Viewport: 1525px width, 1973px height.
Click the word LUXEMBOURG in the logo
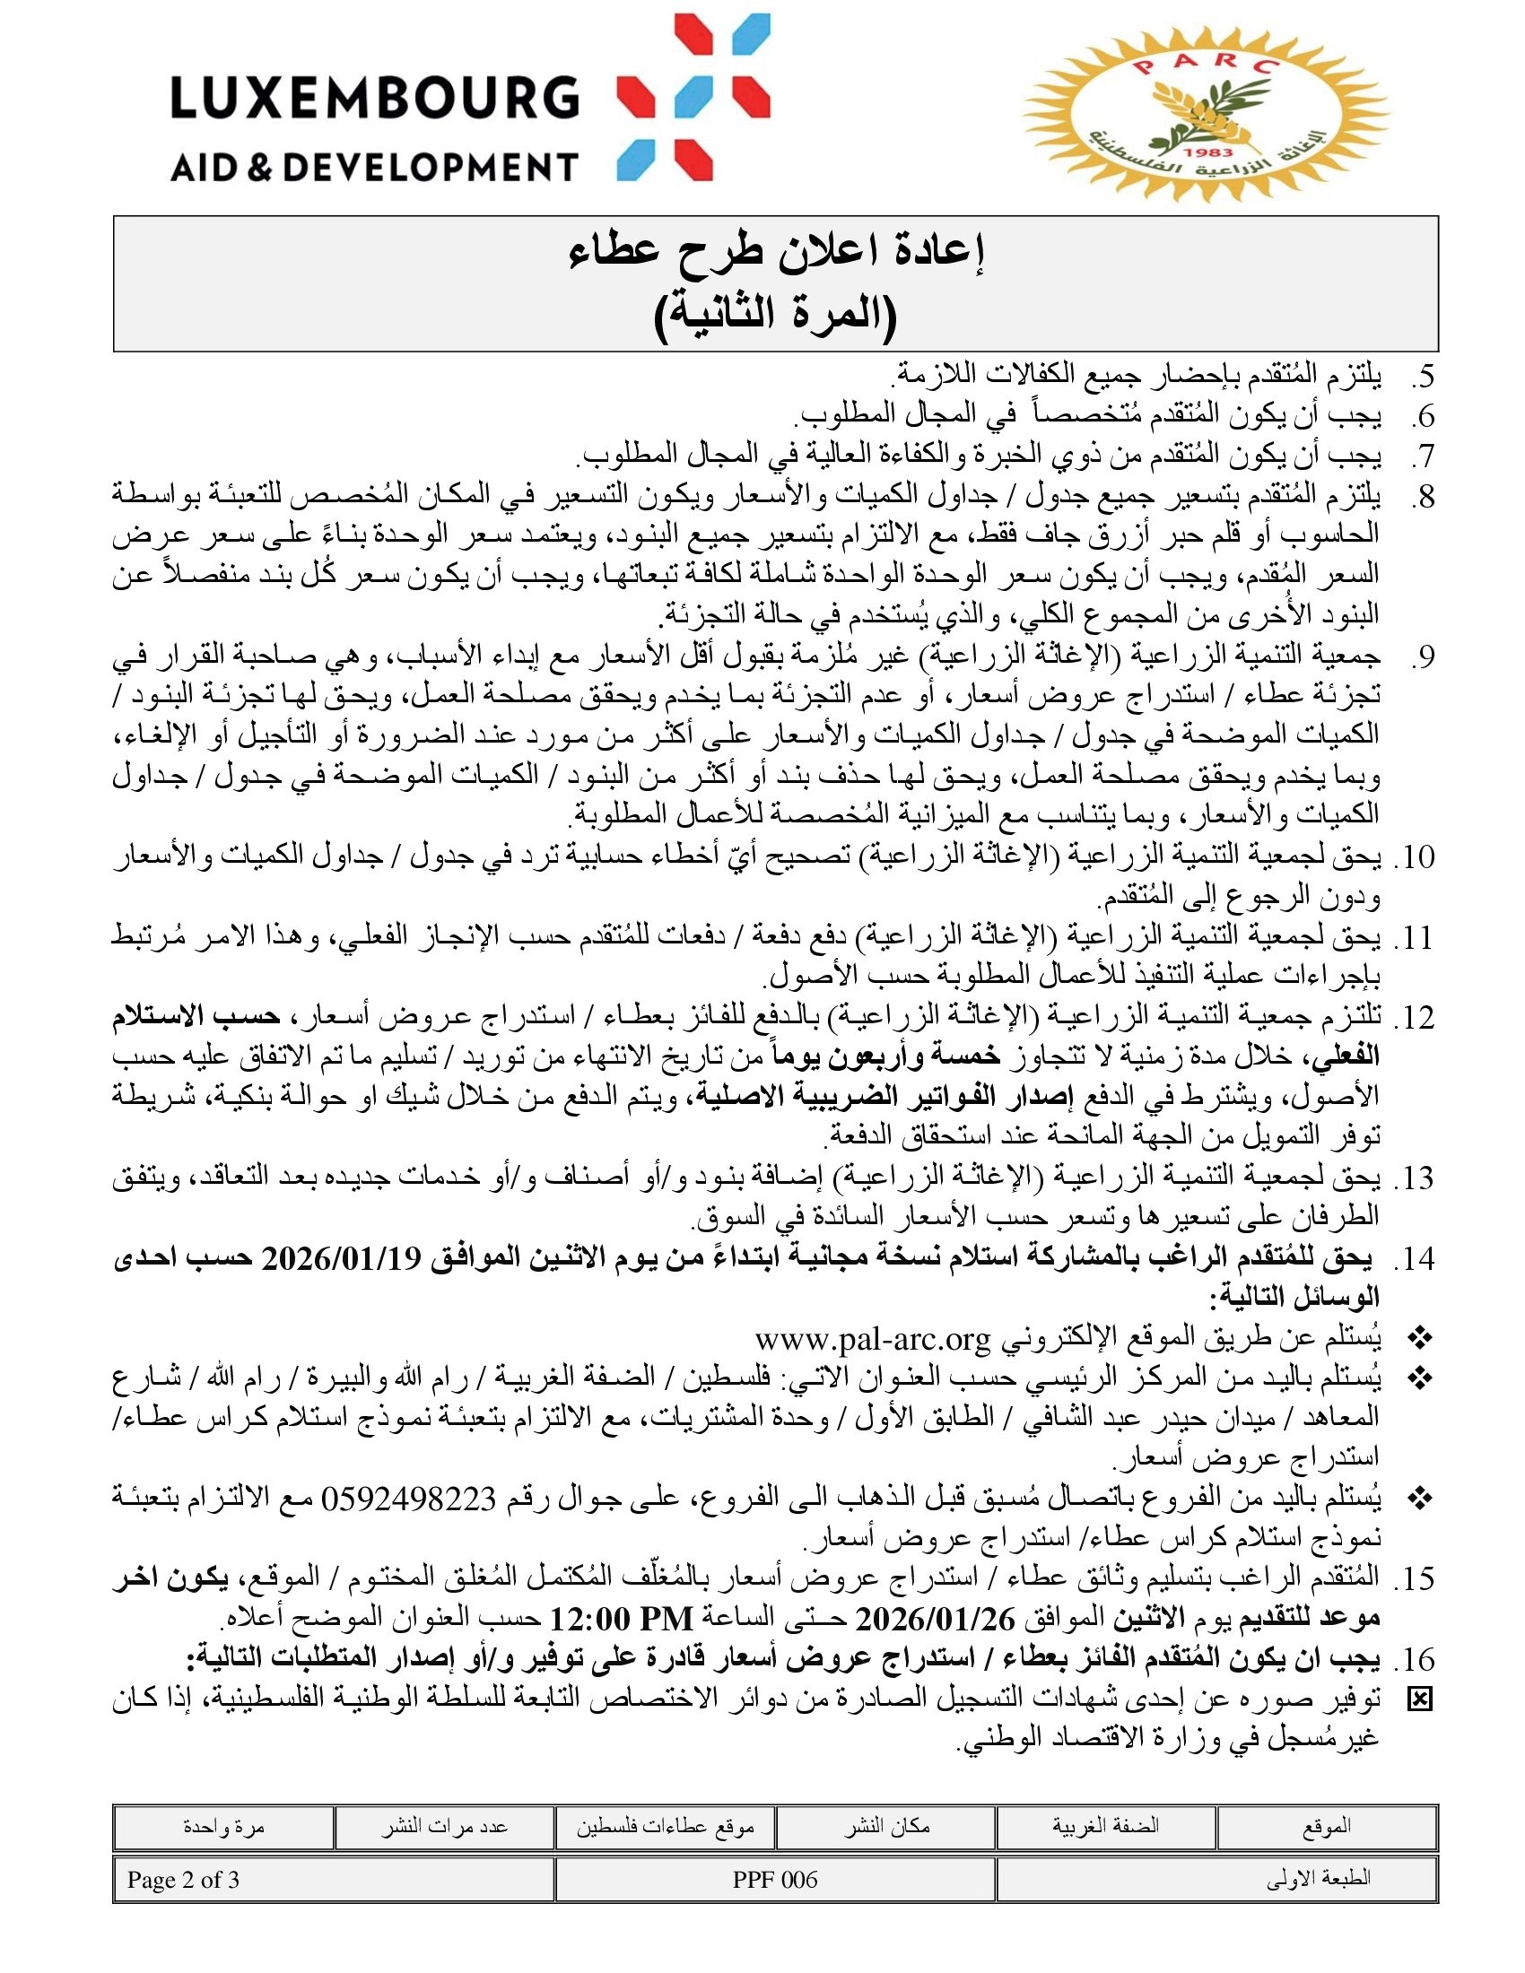374,98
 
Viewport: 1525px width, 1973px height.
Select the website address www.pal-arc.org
873,1338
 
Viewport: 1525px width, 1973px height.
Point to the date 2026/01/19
342,1258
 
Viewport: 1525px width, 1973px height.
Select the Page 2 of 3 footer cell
183,1880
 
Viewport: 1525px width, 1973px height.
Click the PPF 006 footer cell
775,1880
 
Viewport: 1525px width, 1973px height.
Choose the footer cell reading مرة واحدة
223,1827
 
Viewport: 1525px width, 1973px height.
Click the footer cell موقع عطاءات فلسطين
665,1827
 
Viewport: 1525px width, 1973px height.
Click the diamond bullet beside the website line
1420,1338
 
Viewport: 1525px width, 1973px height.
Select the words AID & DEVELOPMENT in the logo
374,167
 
